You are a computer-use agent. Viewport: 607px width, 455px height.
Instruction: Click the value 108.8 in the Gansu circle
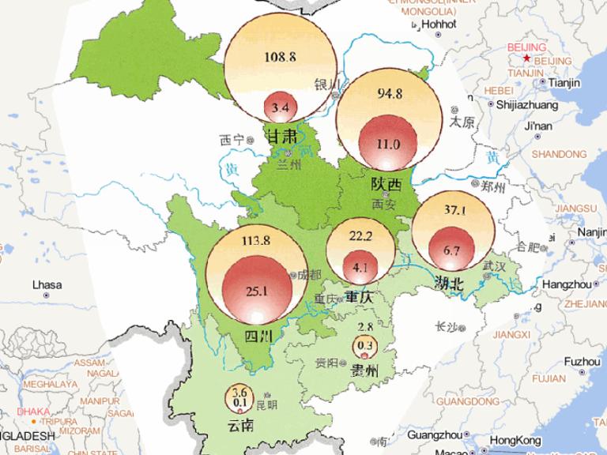pyautogui.click(x=281, y=58)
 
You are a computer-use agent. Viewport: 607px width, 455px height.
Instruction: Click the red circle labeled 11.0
pyautogui.click(x=389, y=143)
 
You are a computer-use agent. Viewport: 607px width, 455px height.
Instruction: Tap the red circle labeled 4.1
pyautogui.click(x=360, y=267)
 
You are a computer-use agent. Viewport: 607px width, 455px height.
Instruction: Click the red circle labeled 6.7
pyautogui.click(x=451, y=250)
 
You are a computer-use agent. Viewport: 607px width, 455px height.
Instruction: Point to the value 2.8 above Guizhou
pyautogui.click(x=365, y=327)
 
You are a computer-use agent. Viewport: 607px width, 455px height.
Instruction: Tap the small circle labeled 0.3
pyautogui.click(x=365, y=346)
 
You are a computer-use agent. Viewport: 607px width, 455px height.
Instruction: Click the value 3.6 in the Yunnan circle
pyautogui.click(x=241, y=393)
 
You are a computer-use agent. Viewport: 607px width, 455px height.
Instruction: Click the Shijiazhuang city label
pyautogui.click(x=526, y=104)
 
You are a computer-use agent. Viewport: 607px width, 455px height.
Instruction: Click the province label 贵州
pyautogui.click(x=364, y=371)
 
